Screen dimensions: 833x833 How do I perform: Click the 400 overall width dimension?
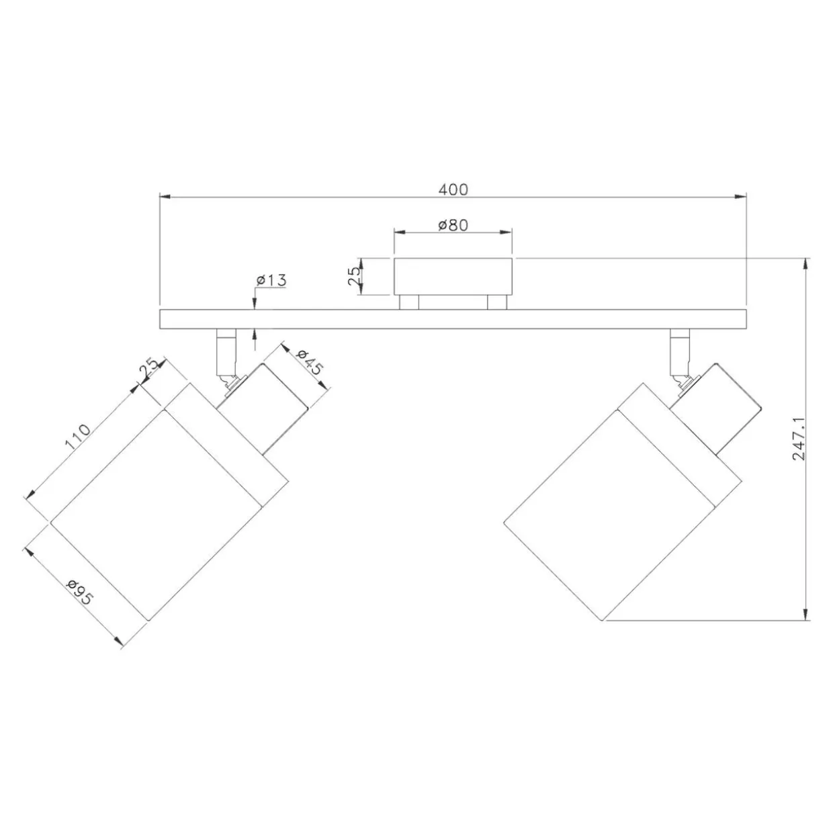coord(453,189)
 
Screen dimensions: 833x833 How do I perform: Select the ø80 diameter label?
coord(453,225)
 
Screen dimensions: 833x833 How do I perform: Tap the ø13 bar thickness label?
coord(271,280)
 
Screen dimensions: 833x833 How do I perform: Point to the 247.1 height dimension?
coord(799,439)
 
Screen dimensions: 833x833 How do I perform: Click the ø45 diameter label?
coord(310,361)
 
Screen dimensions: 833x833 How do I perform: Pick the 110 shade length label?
coord(78,436)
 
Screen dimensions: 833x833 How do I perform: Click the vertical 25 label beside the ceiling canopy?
coord(353,276)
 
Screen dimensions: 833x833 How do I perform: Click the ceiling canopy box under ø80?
coord(453,277)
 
